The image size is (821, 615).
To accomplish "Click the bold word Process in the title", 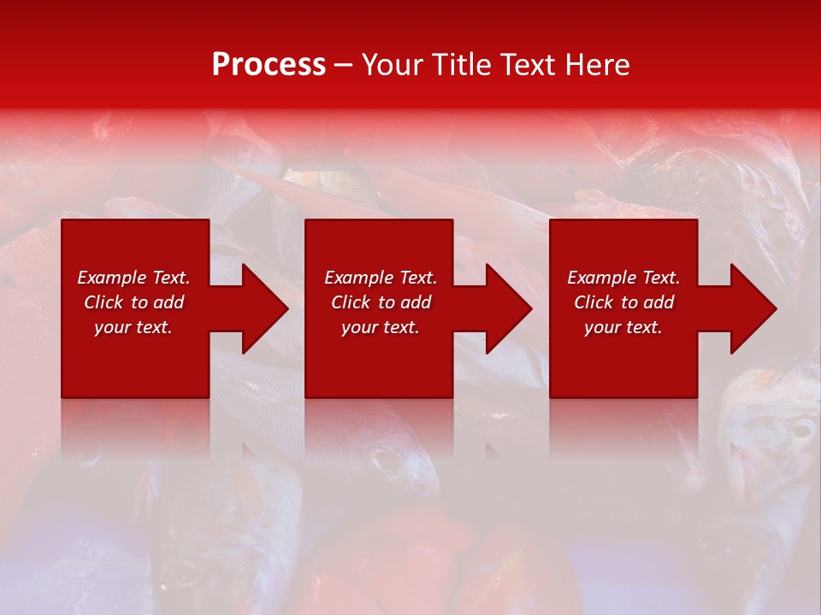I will point(269,65).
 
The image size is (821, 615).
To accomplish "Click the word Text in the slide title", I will point(525,65).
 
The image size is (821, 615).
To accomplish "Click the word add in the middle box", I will point(416,302).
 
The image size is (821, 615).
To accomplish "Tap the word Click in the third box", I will point(594,302).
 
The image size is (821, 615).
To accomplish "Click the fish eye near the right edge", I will point(800,430).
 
